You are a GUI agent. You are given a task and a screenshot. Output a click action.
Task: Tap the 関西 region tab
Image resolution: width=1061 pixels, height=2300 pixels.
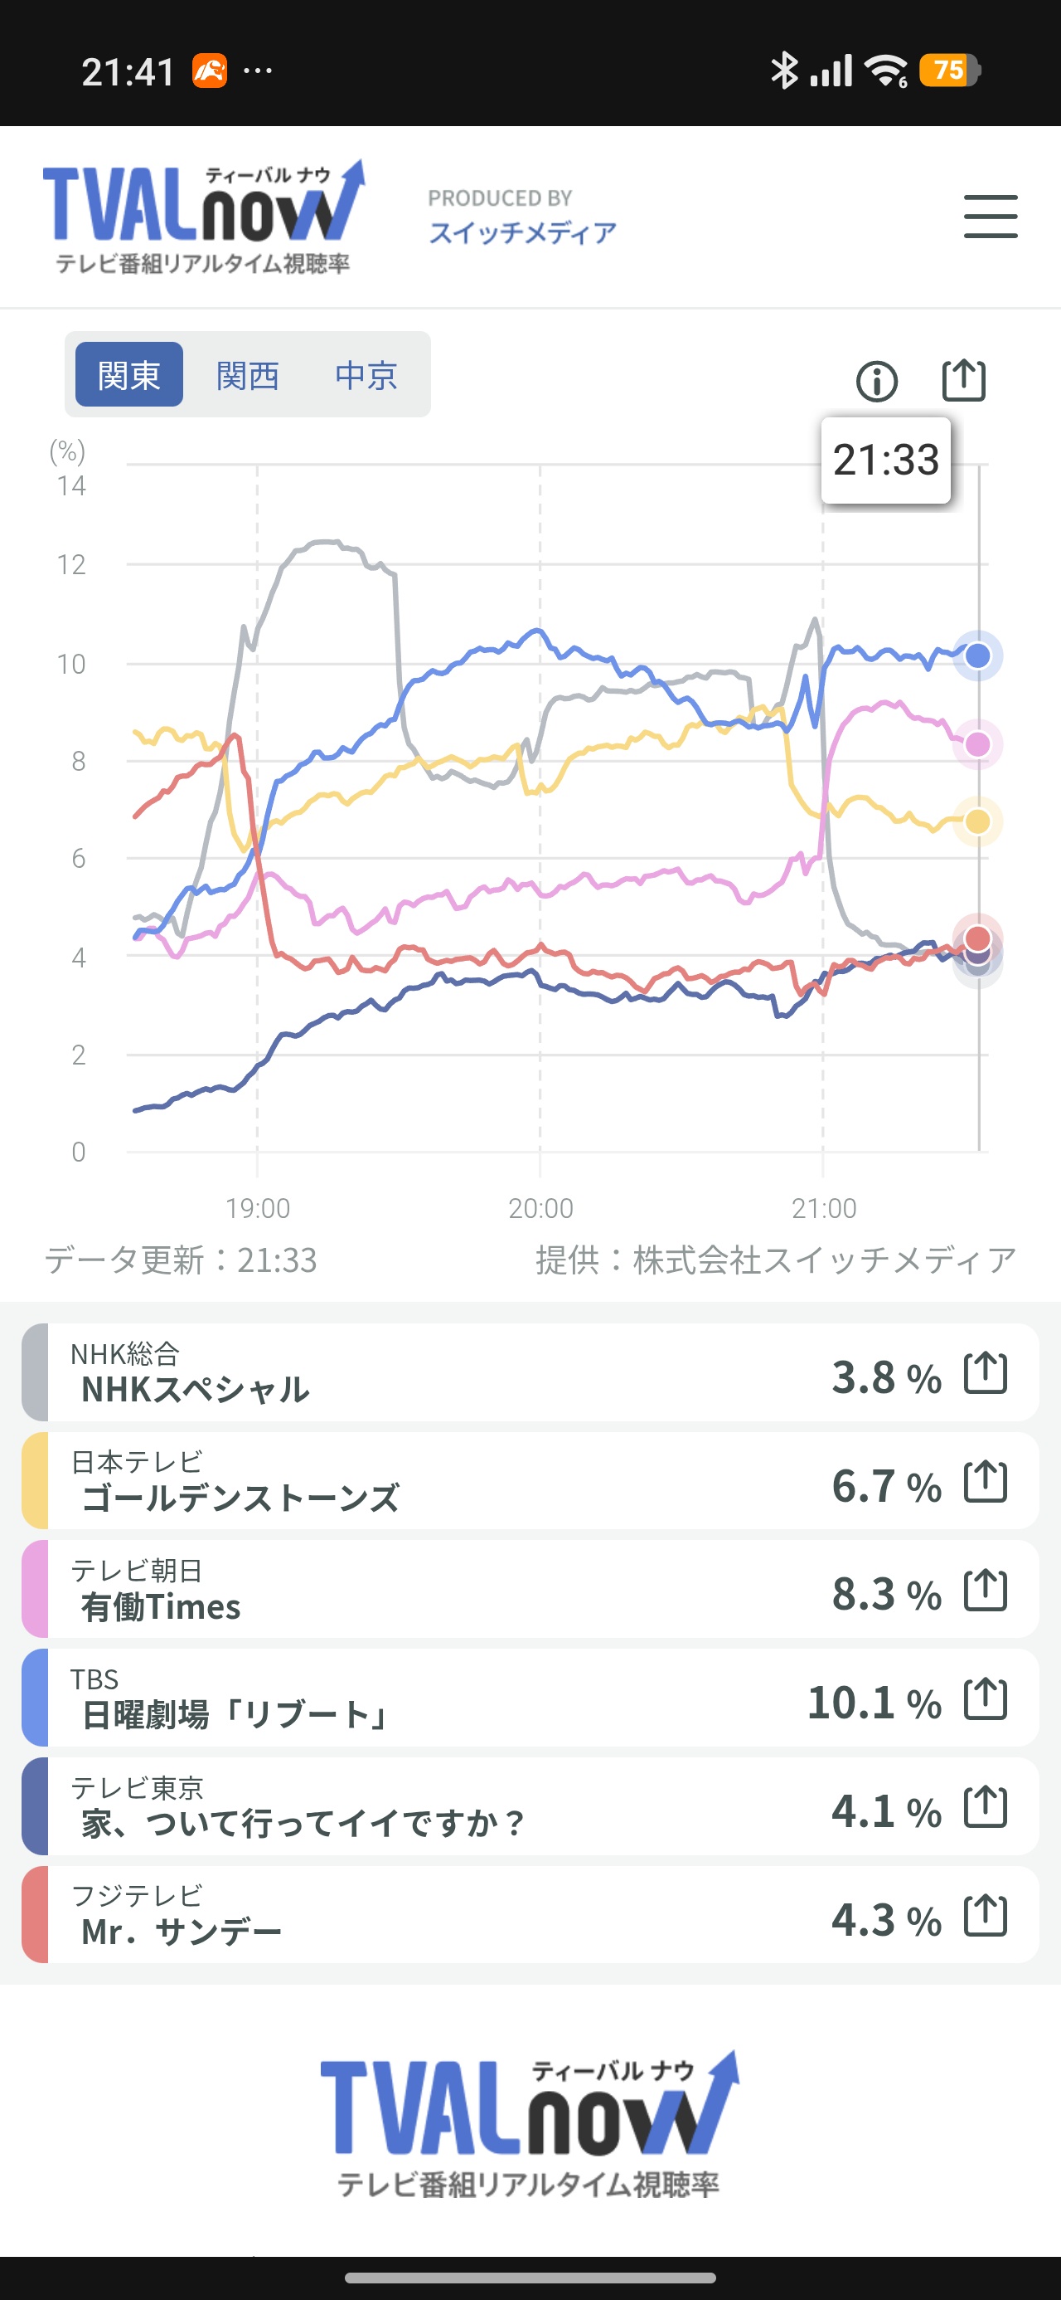(x=247, y=375)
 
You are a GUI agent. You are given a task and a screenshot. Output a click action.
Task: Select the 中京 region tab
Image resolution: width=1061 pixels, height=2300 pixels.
(x=366, y=375)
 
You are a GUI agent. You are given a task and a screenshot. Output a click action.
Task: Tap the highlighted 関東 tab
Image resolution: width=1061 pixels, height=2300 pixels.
(x=128, y=375)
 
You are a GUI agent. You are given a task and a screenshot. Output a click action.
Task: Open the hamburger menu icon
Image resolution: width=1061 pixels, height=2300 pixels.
(x=991, y=217)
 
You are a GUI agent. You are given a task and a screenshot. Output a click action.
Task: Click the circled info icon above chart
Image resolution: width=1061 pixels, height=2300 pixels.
(x=876, y=381)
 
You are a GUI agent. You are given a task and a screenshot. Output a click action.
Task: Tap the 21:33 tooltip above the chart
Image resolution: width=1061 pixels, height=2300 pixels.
(x=885, y=460)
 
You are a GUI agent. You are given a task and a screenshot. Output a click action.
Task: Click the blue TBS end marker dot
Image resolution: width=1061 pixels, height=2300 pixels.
(x=978, y=655)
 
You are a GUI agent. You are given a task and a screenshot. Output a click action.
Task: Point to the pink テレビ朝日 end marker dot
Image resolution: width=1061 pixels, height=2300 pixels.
(x=978, y=743)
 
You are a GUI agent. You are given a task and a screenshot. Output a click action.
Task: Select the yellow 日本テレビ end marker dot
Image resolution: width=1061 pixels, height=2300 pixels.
(x=978, y=821)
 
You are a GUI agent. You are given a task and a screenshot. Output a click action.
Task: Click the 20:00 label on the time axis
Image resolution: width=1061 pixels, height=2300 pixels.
(x=540, y=1208)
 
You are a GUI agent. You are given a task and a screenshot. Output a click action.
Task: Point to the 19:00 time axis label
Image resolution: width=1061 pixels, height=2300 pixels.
(x=257, y=1208)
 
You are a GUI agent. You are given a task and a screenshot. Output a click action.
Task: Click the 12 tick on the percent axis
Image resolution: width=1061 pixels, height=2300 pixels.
(x=71, y=564)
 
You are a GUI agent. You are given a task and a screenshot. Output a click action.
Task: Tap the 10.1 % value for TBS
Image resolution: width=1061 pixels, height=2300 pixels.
(x=874, y=1703)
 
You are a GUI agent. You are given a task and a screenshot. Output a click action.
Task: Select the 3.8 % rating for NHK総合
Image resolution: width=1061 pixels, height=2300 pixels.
(x=886, y=1377)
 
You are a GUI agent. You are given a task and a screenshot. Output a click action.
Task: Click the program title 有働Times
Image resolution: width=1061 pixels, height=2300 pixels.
(x=161, y=1607)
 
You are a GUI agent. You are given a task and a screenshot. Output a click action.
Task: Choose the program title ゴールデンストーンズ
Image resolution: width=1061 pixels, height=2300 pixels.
(x=240, y=1498)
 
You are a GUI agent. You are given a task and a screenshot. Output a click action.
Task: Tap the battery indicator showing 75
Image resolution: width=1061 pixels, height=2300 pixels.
(x=952, y=70)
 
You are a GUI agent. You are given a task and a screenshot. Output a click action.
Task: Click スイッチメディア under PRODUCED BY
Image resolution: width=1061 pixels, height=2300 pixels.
(x=522, y=233)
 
